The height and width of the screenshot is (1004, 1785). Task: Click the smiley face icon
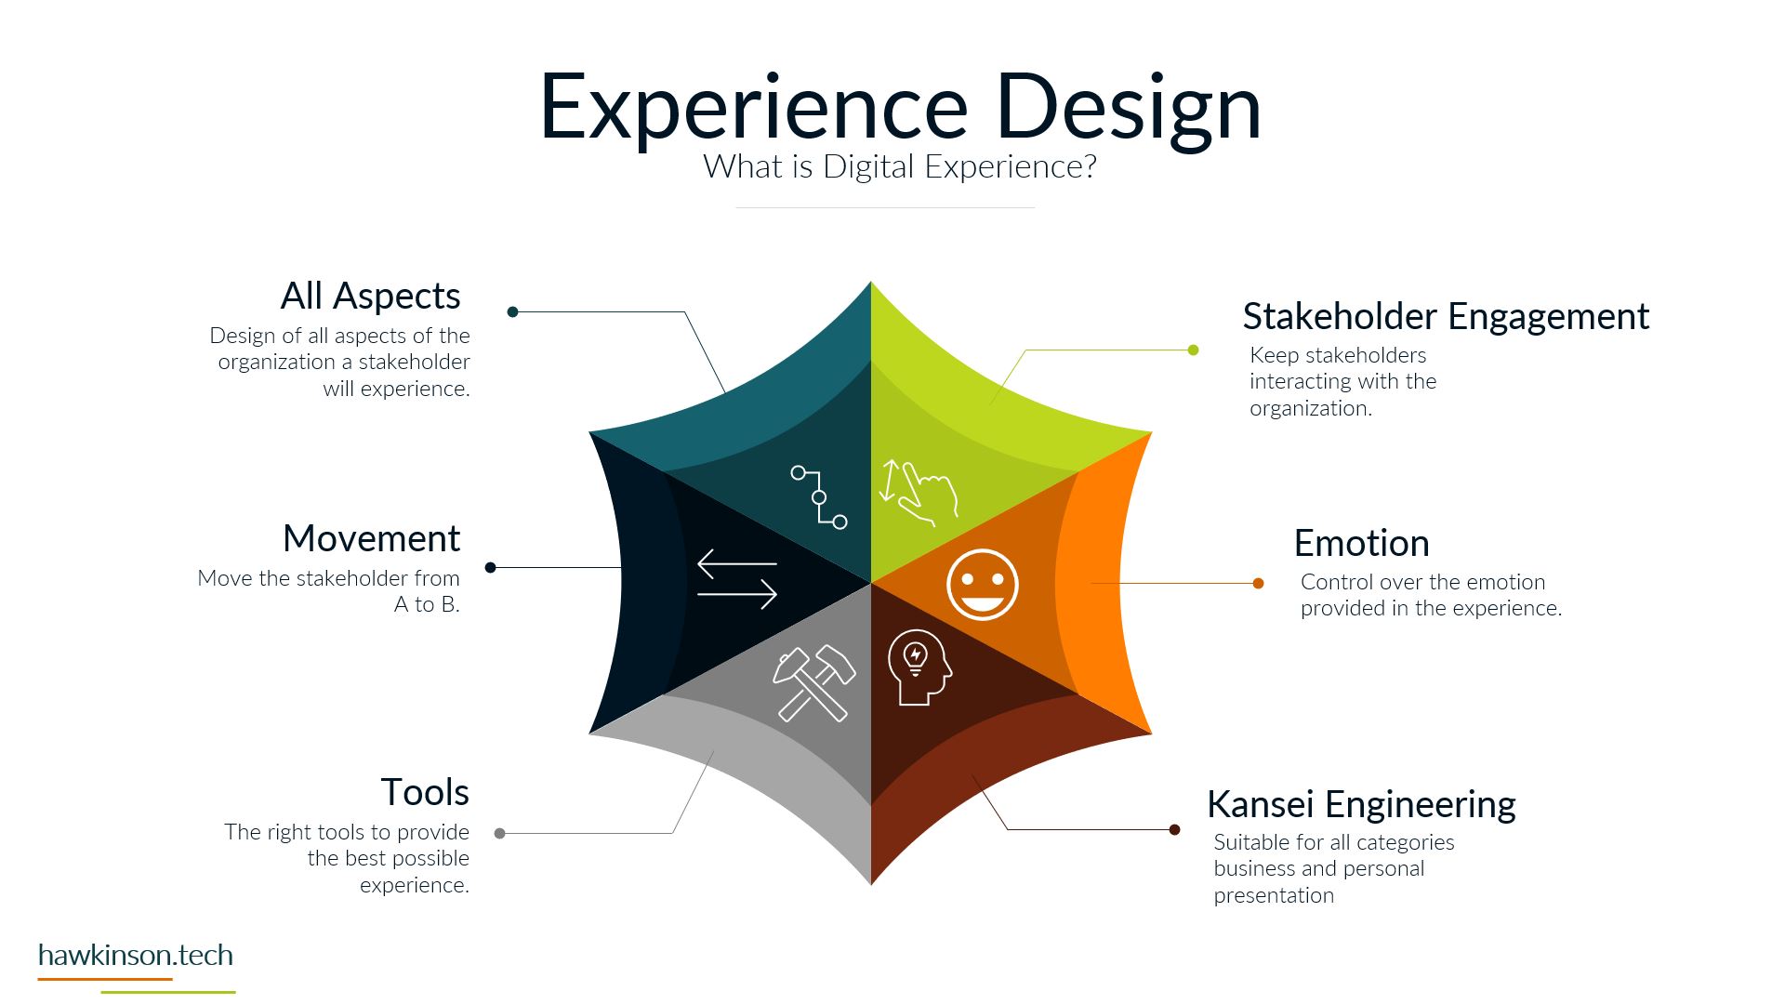coord(983,585)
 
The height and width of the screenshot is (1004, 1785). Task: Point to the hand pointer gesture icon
coord(919,493)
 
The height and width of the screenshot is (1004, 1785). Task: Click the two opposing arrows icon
coord(737,579)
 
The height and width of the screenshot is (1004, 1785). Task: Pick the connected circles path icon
coord(819,497)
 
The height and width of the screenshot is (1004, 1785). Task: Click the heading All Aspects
coord(371,296)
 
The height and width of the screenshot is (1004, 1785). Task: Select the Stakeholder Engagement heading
coord(1446,316)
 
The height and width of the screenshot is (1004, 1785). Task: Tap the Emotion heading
coord(1362,543)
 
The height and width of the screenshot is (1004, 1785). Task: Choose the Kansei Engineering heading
coord(1361,804)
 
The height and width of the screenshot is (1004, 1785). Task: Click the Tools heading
coord(425,792)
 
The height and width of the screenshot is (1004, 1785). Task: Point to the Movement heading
coord(372,538)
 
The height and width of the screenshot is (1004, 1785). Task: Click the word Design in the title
coord(1128,109)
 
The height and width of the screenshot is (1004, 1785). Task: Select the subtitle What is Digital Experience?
coord(900,166)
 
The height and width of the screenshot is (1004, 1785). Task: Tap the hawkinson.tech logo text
coord(136,956)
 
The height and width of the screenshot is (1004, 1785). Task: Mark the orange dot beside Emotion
coord(1258,584)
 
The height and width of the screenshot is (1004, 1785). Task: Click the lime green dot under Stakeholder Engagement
coord(1194,350)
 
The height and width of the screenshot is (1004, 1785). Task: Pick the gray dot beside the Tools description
coord(500,834)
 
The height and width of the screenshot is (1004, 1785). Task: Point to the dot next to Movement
coord(491,568)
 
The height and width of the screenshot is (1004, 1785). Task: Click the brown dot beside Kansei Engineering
coord(1175,830)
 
